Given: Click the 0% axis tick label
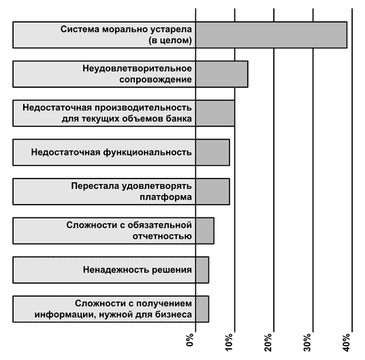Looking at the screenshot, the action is [190, 340].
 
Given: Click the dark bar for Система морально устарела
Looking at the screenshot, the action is [272, 35].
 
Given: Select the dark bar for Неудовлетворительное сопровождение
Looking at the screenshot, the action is [222, 74].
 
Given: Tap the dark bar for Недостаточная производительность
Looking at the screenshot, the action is [215, 113].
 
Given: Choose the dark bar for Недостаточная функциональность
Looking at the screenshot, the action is [212, 153].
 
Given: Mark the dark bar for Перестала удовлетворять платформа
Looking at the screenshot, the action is [212, 192].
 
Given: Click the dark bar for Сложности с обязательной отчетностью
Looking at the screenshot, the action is [205, 230].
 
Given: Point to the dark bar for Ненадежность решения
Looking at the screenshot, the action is [202, 270].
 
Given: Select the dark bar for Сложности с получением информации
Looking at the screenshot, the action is [202, 309].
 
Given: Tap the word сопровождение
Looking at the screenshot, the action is [156, 80].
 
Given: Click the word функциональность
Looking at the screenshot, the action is [147, 153].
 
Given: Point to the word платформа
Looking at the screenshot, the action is [165, 197].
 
